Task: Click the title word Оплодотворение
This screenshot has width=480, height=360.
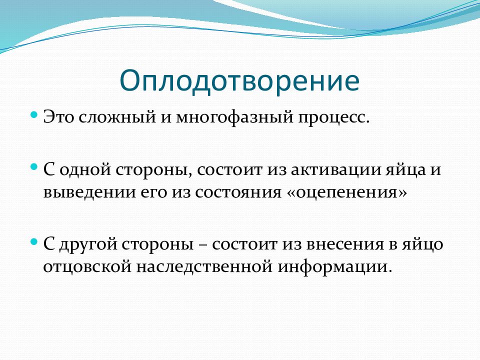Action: [x=239, y=81]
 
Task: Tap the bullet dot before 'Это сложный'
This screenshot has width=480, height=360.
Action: [x=34, y=115]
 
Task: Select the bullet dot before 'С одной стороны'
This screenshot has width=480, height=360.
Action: [x=34, y=167]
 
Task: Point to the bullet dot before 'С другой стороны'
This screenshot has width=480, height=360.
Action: [x=34, y=242]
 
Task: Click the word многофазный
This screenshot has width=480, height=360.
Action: [x=234, y=117]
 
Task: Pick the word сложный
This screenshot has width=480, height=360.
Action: [x=117, y=117]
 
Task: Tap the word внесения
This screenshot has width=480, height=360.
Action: [x=344, y=244]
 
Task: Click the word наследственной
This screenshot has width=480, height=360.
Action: [x=204, y=266]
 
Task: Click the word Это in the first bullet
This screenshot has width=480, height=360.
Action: [x=58, y=117]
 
